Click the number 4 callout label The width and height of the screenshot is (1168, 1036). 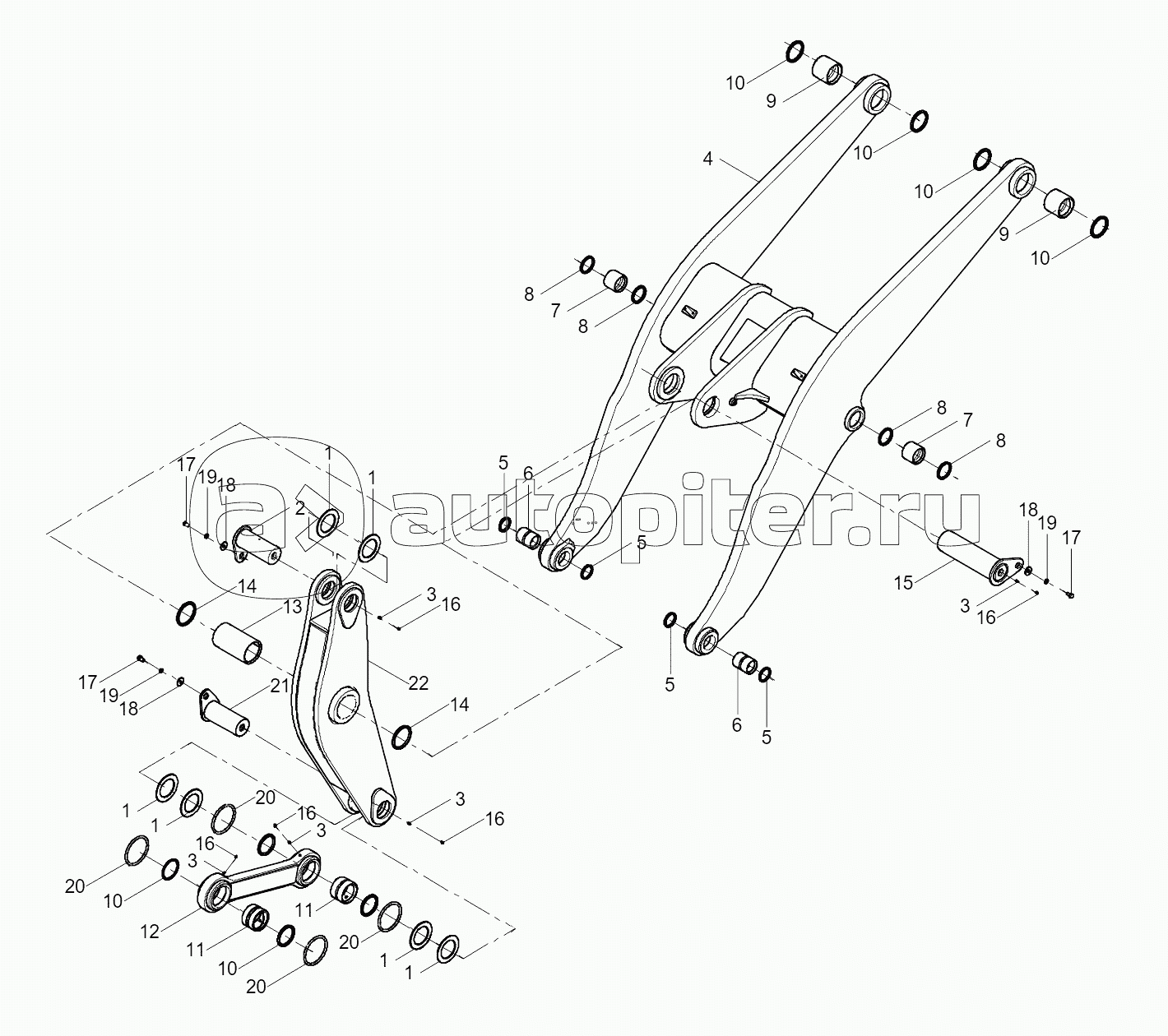click(708, 159)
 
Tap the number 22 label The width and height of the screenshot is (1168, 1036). click(418, 683)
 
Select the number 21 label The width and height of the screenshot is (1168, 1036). click(280, 687)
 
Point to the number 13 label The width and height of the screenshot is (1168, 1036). click(292, 606)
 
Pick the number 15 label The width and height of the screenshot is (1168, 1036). click(903, 583)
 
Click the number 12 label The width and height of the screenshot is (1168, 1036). click(150, 932)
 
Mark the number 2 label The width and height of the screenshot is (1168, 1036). click(299, 508)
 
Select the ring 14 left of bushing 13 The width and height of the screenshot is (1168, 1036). click(186, 614)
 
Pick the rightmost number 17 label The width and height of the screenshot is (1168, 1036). click(1071, 539)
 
